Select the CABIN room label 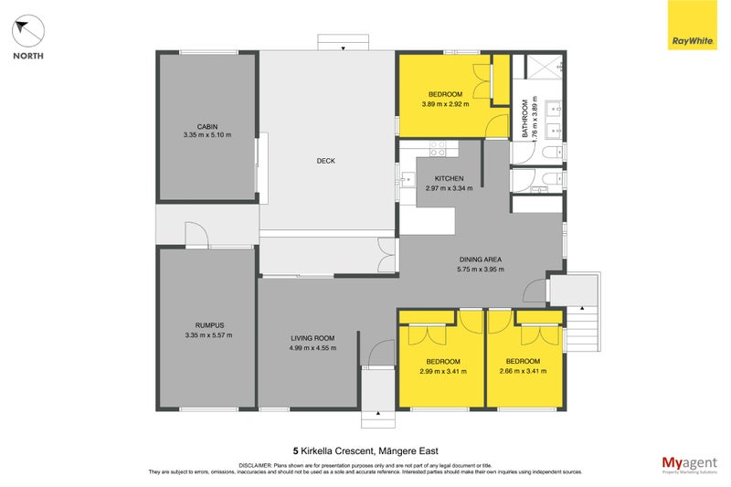(207, 127)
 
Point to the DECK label (326, 161)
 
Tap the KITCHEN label (449, 178)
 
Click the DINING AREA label (481, 259)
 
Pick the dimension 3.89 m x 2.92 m (445, 104)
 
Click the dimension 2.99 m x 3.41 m (443, 372)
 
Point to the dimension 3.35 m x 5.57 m (208, 335)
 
